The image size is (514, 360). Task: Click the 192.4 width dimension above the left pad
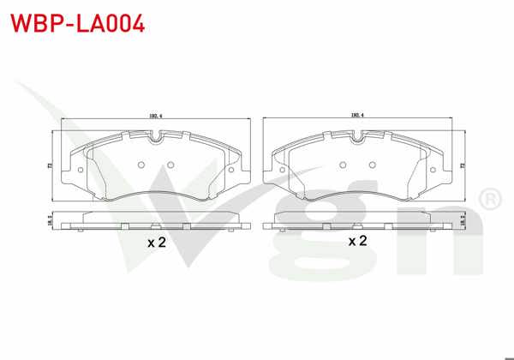155,115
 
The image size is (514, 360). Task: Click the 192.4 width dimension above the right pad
358,115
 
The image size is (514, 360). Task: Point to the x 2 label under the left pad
155,243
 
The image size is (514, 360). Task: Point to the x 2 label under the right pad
358,241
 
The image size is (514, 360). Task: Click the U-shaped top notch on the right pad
357,135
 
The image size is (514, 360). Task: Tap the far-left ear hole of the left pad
80,169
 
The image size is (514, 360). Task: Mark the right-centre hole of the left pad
170,165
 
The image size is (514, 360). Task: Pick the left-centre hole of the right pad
342,165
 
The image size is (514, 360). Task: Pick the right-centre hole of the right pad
374,165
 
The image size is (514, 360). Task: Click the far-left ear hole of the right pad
283,169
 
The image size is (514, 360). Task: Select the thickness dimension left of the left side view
49,220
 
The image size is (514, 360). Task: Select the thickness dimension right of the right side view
463,220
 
